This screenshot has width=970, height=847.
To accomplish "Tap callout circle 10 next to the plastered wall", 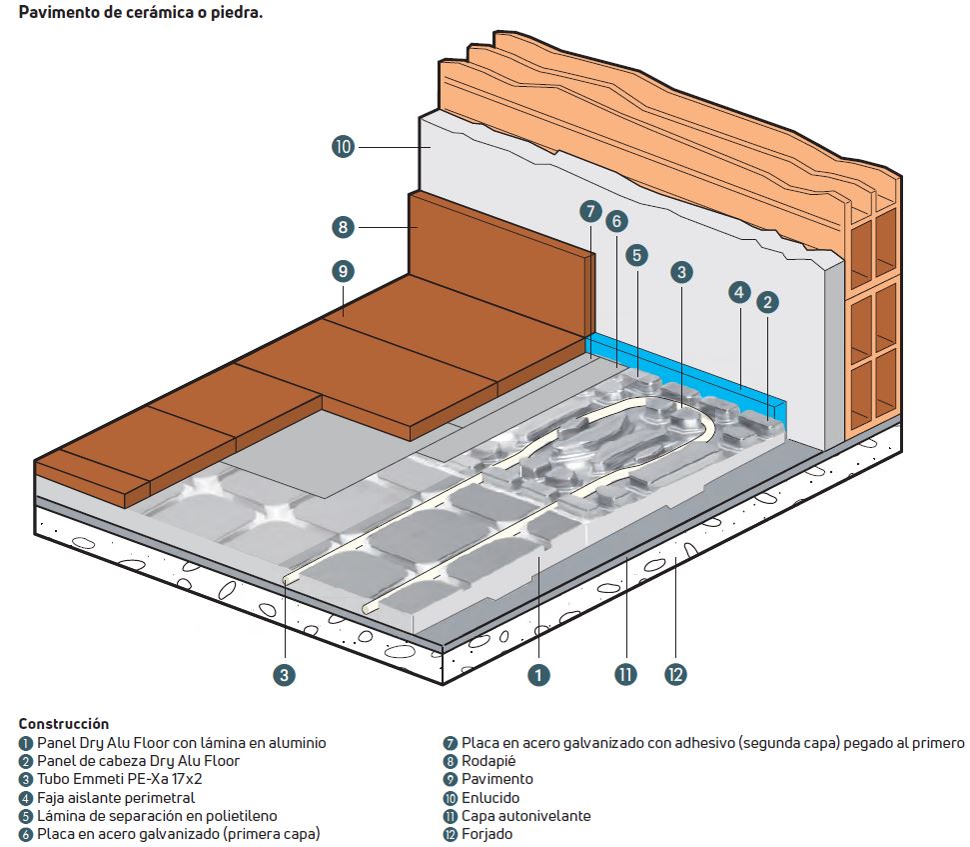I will point(344,147).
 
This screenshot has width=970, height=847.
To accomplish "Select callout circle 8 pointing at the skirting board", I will point(344,227).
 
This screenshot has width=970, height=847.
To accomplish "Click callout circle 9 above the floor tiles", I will point(344,270).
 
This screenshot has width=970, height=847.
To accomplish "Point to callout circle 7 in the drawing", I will point(590,211).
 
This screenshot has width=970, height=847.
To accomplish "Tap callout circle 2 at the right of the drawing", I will point(767,301).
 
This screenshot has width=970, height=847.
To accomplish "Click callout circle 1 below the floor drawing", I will point(538,676).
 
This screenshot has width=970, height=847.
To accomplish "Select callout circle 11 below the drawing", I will point(626,676).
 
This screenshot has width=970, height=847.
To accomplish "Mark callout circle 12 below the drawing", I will point(676,676).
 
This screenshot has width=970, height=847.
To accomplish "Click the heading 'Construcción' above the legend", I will point(63,723).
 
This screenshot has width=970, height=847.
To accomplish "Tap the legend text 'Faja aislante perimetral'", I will point(116,797).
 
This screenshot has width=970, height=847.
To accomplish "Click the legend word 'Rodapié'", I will point(488,761).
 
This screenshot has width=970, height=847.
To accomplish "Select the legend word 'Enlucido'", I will point(490,797).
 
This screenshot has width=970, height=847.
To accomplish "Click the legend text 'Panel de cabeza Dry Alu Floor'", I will point(139,761).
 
